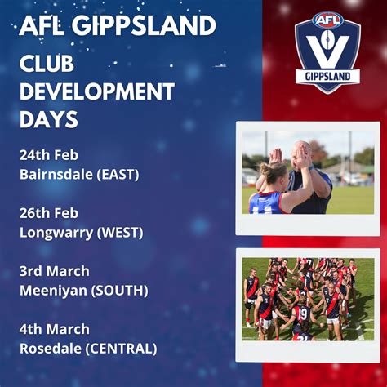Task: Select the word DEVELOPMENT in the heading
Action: coord(96,91)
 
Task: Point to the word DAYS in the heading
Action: coord(48,119)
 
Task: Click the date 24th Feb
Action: coord(48,155)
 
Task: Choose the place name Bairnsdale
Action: coord(53,174)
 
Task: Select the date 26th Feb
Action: coord(48,213)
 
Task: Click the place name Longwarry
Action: coord(55,233)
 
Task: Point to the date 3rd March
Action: coord(54,271)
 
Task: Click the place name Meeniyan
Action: coord(52,291)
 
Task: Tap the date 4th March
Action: coord(54,330)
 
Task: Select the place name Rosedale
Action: coord(50,349)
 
